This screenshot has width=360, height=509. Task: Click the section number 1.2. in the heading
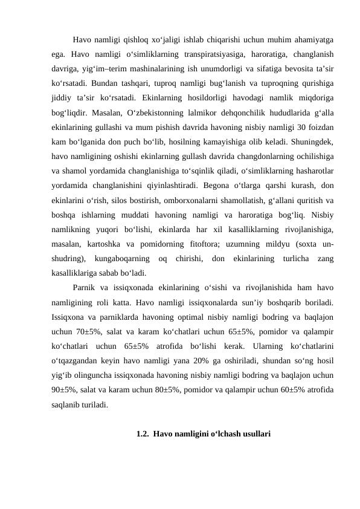tap(143, 433)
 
